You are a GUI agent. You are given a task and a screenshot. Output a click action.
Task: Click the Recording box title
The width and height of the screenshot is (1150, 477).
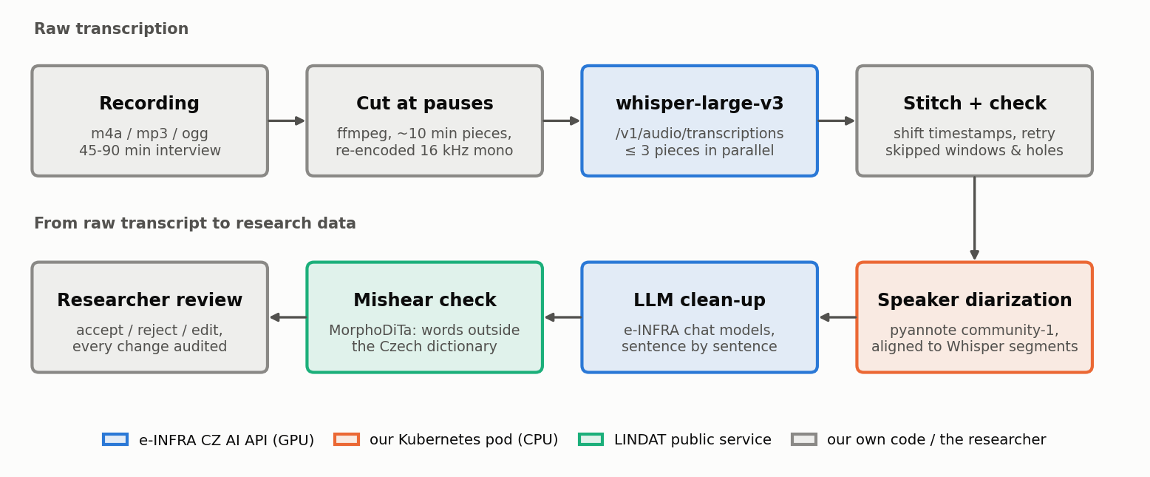click(149, 104)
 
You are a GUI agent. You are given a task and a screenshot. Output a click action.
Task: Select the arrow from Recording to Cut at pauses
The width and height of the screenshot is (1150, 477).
click(287, 121)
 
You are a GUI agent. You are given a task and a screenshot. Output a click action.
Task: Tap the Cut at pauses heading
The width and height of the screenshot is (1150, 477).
click(424, 104)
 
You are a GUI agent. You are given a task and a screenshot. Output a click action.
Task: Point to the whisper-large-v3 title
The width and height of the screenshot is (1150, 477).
click(700, 104)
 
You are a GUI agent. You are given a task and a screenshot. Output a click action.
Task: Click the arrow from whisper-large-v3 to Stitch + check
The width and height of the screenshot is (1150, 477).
click(837, 121)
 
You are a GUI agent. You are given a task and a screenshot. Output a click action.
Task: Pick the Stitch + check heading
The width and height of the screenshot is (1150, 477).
click(974, 104)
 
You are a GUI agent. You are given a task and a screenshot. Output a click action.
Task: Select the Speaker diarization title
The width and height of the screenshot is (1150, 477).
click(974, 300)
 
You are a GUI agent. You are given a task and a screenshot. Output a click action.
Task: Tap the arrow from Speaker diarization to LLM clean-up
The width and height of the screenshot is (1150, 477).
click(838, 317)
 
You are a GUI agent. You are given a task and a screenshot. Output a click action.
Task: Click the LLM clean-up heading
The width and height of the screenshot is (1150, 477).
click(699, 300)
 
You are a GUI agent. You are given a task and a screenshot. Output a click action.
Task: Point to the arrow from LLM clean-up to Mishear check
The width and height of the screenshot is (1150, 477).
click(562, 317)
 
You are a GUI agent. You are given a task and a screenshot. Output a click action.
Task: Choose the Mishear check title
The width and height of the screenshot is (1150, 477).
click(424, 300)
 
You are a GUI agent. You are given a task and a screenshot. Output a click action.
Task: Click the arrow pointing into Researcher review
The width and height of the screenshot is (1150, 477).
click(287, 317)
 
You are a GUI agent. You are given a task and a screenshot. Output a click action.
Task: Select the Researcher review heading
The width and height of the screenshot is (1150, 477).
click(149, 300)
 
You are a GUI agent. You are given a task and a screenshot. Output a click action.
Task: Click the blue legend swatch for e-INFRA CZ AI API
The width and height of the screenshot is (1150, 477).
click(115, 439)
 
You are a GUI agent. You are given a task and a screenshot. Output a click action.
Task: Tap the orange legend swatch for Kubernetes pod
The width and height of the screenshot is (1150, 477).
click(347, 439)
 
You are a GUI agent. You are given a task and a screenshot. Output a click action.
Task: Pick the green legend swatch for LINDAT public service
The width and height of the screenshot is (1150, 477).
click(591, 439)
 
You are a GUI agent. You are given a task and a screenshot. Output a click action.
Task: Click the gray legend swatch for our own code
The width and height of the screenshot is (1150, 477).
click(804, 439)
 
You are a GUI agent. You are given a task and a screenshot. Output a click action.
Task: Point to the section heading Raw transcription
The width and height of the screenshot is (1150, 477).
click(111, 29)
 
